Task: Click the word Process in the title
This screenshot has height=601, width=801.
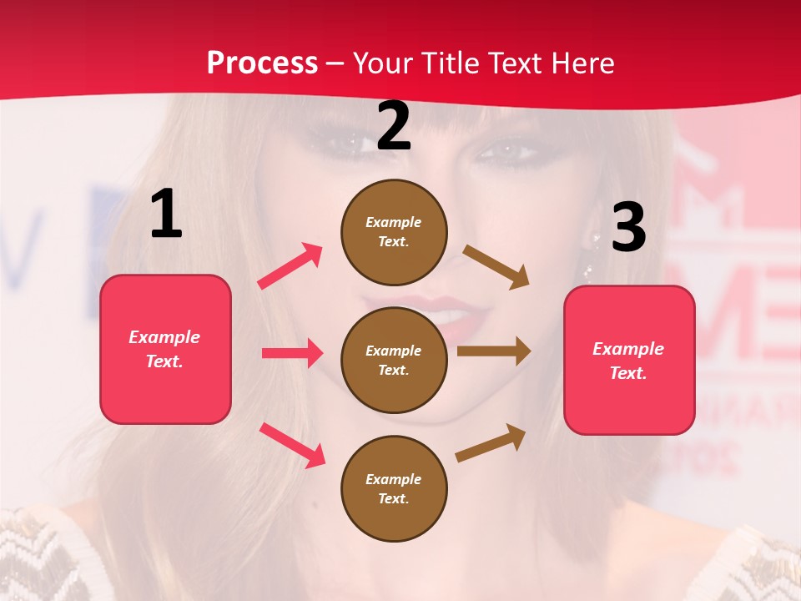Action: [x=262, y=63]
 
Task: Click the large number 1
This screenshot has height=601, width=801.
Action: [x=166, y=215]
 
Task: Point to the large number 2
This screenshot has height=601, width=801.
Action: [x=394, y=126]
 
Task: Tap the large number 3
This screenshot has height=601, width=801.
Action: [x=628, y=227]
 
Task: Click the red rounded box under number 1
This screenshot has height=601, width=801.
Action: [x=165, y=349]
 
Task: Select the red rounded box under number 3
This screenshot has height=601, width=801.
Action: [x=629, y=360]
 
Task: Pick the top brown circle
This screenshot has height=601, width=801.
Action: [x=394, y=231]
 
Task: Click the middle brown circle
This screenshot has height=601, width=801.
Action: [x=394, y=360]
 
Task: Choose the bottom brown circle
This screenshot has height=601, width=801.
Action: [x=394, y=488]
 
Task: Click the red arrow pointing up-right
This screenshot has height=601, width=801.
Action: [x=290, y=265]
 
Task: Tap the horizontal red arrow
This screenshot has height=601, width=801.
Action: [x=292, y=353]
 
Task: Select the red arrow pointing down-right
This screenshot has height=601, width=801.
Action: [x=292, y=445]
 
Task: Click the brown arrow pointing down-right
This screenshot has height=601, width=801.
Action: [x=496, y=267]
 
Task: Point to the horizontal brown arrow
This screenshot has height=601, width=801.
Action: [x=494, y=351]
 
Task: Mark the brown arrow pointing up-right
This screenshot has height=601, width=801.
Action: [x=491, y=442]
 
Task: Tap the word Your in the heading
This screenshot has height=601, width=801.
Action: [x=382, y=63]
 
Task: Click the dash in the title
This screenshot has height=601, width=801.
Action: [x=335, y=64]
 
